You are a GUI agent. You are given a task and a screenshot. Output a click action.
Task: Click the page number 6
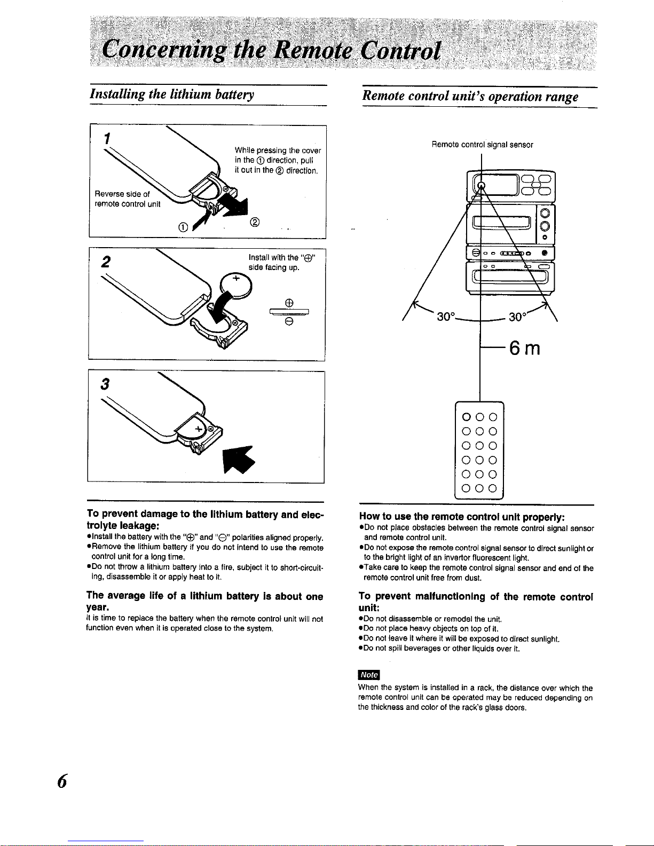click(x=62, y=781)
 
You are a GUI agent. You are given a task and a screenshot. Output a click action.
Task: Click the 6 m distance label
click(x=524, y=348)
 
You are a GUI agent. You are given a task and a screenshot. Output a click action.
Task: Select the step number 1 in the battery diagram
click(x=107, y=138)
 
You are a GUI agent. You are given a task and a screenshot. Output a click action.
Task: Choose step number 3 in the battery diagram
click(x=106, y=384)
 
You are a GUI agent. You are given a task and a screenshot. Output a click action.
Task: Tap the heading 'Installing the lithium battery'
click(x=171, y=94)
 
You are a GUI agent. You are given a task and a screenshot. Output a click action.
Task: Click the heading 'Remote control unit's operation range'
click(x=470, y=97)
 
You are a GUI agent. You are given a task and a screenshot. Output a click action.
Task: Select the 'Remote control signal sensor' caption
click(x=482, y=144)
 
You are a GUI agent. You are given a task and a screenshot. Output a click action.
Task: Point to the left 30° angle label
click(x=446, y=317)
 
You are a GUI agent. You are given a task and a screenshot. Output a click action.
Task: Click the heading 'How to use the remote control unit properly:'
click(x=462, y=517)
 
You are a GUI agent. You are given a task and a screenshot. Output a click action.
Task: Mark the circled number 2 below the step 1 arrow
click(x=254, y=223)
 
